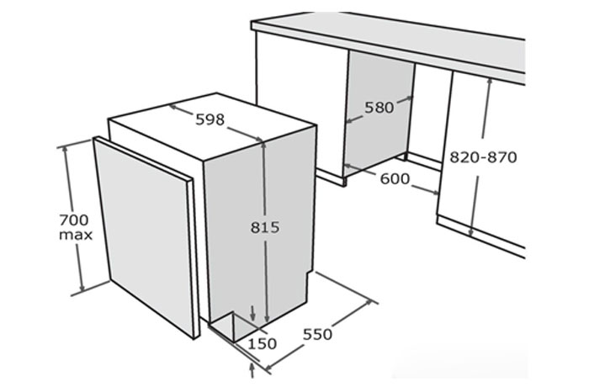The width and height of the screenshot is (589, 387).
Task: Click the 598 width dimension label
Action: pyautogui.click(x=210, y=119)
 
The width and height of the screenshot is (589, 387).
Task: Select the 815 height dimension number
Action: pyautogui.click(x=265, y=227)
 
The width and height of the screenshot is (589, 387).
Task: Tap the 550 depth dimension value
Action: pyautogui.click(x=317, y=334)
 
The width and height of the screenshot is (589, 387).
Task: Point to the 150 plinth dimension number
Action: pyautogui.click(x=263, y=344)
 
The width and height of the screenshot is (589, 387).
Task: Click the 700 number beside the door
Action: pyautogui.click(x=74, y=220)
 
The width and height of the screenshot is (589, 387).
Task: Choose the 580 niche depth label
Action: pyautogui.click(x=379, y=107)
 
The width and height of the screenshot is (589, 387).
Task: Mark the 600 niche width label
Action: pyautogui.click(x=395, y=178)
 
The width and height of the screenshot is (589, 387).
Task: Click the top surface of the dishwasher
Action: pyautogui.click(x=210, y=126)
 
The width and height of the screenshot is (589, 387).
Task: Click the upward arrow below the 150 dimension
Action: pyautogui.click(x=254, y=368)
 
